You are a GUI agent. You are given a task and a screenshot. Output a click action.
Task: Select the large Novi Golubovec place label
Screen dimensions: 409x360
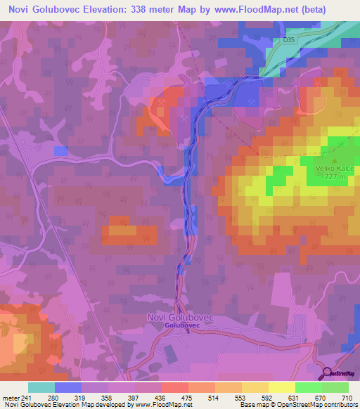(x=180, y=318)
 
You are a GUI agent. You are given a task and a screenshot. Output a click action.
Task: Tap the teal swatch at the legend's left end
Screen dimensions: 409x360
(x=41, y=388)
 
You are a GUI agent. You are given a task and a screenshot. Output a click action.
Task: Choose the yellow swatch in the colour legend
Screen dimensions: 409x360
(x=281, y=388)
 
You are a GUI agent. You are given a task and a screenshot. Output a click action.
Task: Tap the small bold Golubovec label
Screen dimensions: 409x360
(x=180, y=326)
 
